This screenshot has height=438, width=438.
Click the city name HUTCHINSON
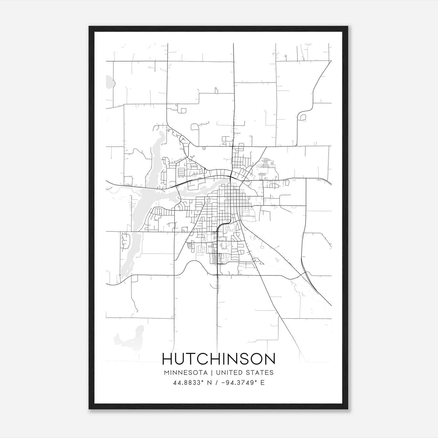tap(219, 359)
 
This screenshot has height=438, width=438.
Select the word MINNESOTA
tap(186, 373)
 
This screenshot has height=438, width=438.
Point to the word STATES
tap(261, 373)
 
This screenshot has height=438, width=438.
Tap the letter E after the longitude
tap(263, 383)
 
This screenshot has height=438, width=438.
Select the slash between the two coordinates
tap(217, 383)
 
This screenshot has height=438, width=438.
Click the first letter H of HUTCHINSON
tap(168, 359)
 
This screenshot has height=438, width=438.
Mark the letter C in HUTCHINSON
tap(204, 359)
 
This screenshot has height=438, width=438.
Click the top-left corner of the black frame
tap(90, 27)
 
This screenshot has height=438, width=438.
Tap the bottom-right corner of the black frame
tap(347, 408)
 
